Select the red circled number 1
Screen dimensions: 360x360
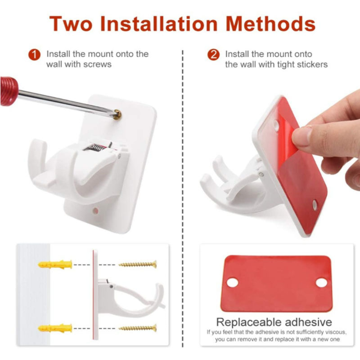coord(35,55)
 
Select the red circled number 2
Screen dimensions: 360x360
coord(213,55)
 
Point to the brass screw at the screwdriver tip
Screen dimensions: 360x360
coord(118,115)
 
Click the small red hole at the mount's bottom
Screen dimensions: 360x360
coord(95,210)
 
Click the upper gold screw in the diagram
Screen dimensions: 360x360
coord(137,264)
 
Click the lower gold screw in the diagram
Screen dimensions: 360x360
coord(137,328)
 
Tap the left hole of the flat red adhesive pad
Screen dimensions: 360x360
coord(232,283)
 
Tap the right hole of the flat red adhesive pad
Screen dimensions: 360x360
coord(321,283)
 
